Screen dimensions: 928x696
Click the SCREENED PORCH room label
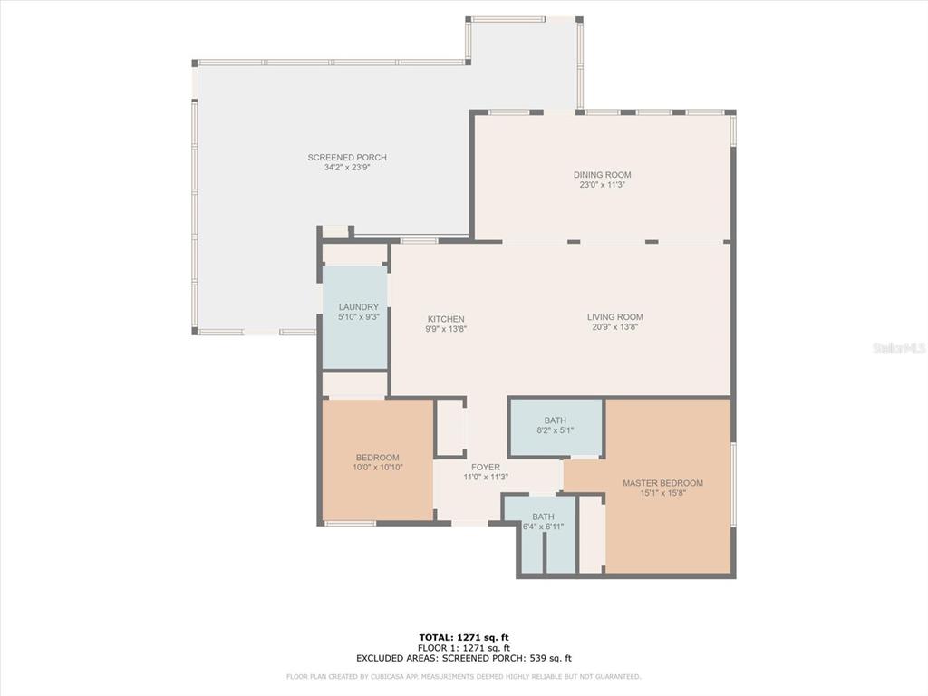(x=347, y=158)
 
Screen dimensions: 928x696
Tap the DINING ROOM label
(x=602, y=175)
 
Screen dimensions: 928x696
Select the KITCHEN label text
(x=446, y=319)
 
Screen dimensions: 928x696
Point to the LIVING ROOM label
(x=615, y=316)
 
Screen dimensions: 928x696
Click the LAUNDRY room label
(x=359, y=307)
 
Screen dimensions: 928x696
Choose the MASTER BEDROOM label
(x=662, y=483)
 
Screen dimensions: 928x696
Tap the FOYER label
(x=486, y=467)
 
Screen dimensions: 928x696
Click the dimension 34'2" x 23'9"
(x=347, y=168)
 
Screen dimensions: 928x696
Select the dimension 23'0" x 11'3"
(x=602, y=185)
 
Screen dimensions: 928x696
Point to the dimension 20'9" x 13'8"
(x=615, y=326)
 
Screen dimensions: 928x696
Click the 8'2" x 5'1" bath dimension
(x=556, y=430)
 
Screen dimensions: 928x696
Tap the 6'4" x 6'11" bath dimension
(x=543, y=527)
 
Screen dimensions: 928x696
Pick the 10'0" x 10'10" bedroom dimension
(x=378, y=468)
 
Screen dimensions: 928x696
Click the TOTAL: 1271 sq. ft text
(x=464, y=637)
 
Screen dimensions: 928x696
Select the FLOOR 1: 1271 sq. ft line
(x=464, y=647)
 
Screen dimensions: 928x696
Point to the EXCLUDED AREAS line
(x=464, y=658)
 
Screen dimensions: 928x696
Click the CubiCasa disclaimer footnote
(x=463, y=676)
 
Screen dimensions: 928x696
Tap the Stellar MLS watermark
(x=899, y=348)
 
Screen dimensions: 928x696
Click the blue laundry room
(x=354, y=318)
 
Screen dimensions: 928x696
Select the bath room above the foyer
(x=556, y=428)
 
